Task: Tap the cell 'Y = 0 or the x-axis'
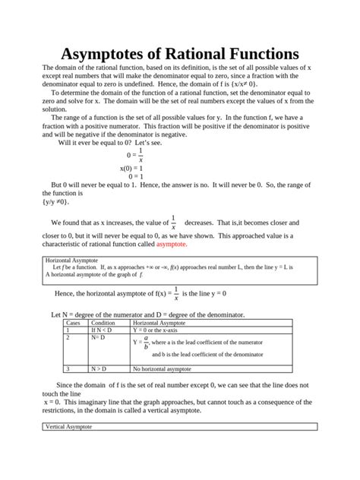[x=160, y=330]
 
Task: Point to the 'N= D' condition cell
[x=98, y=338]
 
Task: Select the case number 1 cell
[x=68, y=330]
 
